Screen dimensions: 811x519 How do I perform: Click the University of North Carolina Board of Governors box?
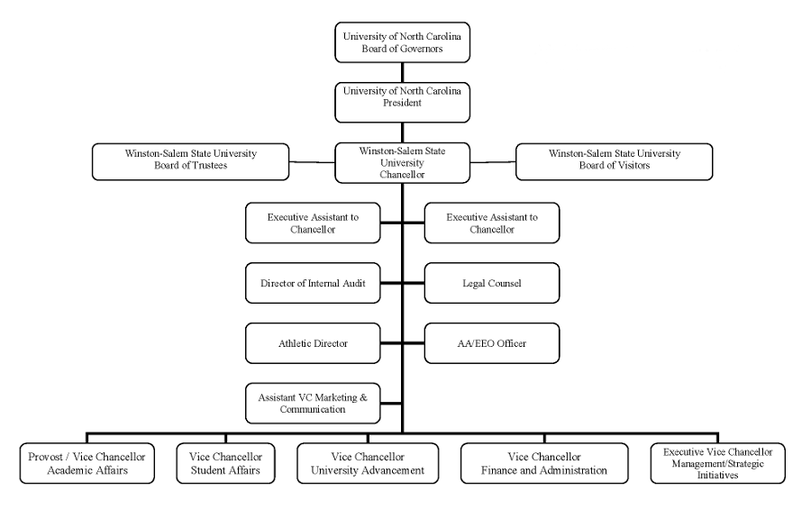point(403,42)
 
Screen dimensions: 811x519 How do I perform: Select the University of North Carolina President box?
point(403,103)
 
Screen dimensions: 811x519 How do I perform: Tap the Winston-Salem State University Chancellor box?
point(403,163)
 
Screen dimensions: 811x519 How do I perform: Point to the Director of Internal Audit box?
point(313,283)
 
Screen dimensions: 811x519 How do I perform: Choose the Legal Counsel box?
point(492,283)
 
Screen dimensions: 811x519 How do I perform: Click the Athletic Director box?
point(313,343)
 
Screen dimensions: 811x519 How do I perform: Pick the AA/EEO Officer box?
point(492,343)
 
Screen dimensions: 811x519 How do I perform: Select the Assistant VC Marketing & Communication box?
point(313,403)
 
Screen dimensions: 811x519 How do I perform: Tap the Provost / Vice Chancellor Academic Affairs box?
point(87,463)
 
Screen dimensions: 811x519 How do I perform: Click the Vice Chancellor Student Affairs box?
point(225,463)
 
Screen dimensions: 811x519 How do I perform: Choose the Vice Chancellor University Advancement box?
point(368,463)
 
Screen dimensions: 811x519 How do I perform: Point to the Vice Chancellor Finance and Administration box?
point(544,463)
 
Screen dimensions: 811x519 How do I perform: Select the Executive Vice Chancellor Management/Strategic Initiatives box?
point(718,463)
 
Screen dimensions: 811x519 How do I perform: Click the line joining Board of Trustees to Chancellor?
point(312,162)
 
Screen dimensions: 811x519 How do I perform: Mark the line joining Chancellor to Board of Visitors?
point(493,162)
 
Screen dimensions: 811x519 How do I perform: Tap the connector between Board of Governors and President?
point(403,72)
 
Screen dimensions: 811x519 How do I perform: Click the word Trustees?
point(209,166)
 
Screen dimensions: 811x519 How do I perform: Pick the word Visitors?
point(632,166)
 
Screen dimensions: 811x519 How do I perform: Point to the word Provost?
point(46,457)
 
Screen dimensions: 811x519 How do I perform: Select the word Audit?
point(353,283)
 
